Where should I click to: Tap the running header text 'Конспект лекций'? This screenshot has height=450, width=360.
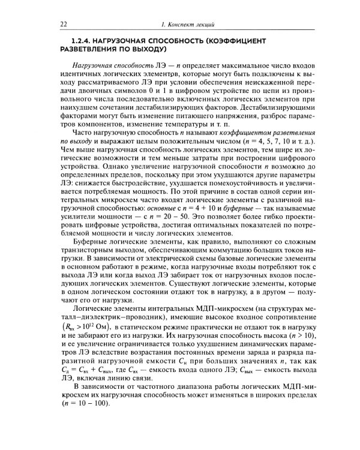tap(193, 23)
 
